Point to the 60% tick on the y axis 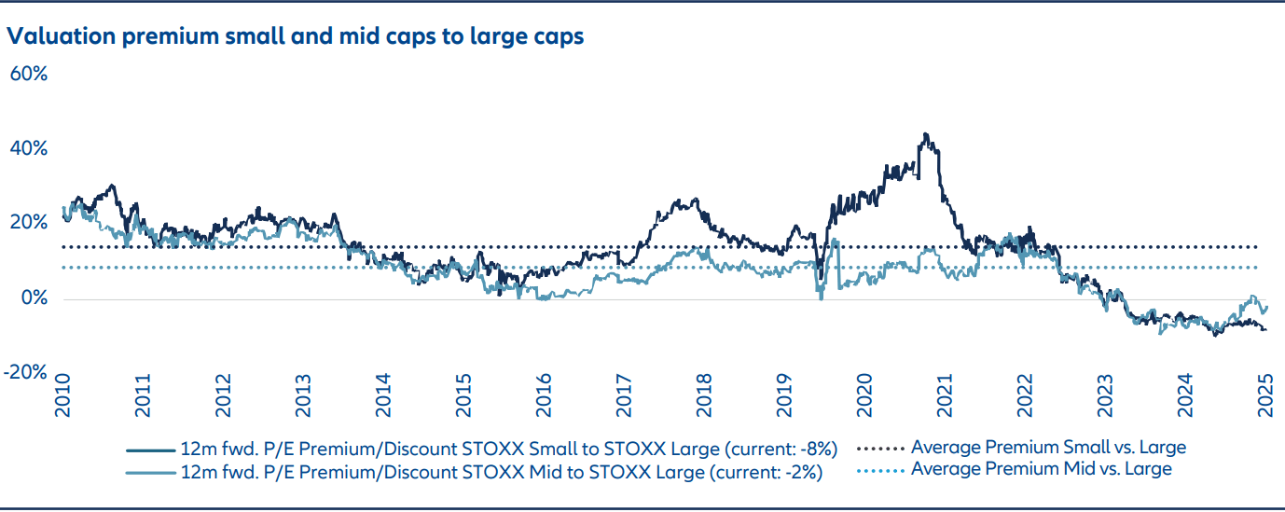click(28, 74)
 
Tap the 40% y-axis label click(28, 149)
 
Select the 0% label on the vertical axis click(34, 298)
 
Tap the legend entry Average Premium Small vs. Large click(1049, 447)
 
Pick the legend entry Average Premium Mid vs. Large click(1042, 468)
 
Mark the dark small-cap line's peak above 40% click(924, 135)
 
